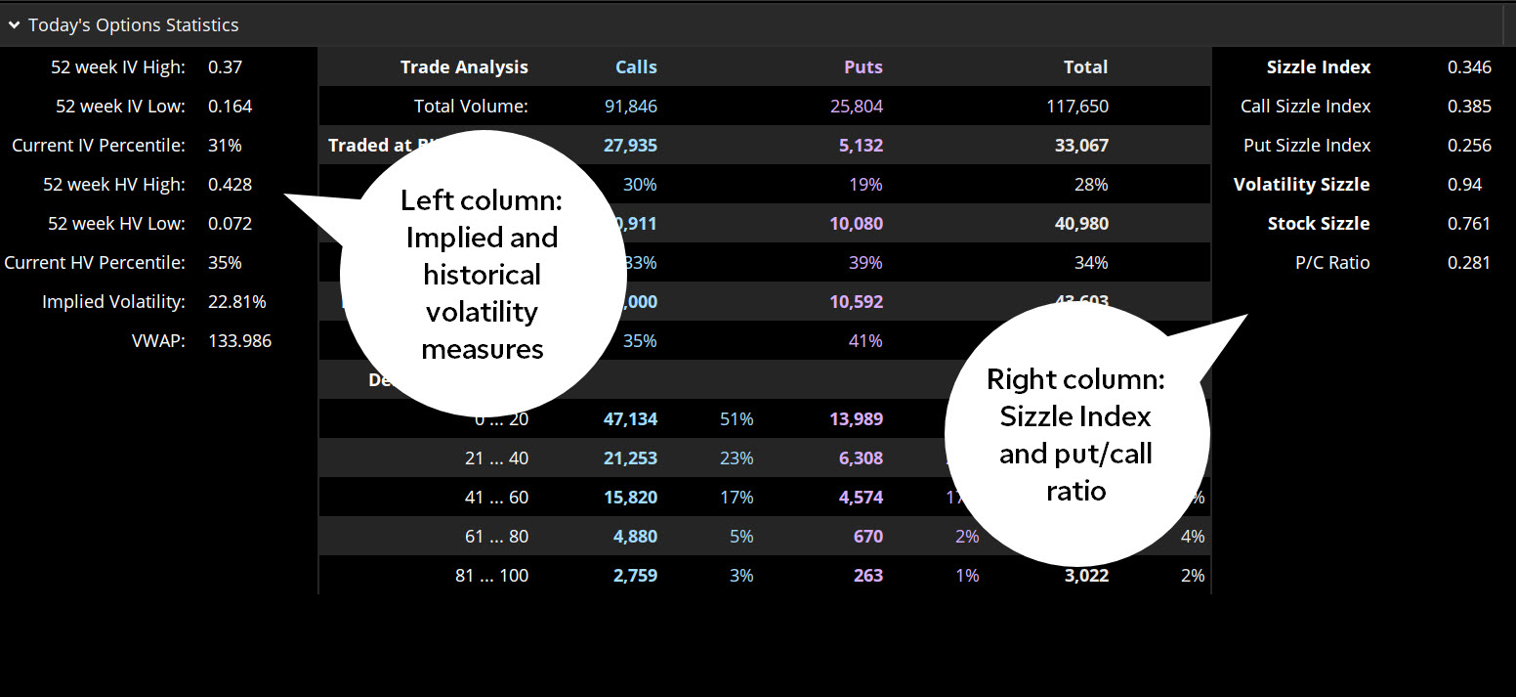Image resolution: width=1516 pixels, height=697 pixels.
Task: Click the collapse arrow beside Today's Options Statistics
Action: (15, 25)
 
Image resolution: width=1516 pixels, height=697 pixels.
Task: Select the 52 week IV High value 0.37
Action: (225, 67)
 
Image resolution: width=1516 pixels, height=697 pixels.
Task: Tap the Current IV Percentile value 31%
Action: (225, 146)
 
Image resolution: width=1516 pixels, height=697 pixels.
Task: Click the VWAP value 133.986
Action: (239, 341)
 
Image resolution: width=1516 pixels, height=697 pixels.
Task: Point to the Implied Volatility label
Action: (113, 302)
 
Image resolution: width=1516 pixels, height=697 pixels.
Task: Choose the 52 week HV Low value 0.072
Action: (230, 224)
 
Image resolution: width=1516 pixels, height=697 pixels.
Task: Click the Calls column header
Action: (636, 67)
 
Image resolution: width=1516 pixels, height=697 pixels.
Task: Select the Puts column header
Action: (863, 67)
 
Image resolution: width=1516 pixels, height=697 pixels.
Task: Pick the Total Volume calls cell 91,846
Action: (628, 107)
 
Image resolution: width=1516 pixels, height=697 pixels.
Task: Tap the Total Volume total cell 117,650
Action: (1077, 107)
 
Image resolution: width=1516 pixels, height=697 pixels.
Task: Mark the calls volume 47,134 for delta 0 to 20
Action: (628, 419)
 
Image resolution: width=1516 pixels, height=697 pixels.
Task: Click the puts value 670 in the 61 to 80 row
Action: (867, 537)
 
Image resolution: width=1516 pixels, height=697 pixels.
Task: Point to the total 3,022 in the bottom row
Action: (1086, 576)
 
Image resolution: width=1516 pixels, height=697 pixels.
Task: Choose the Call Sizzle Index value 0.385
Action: (1469, 107)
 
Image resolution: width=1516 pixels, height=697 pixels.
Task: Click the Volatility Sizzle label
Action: (1301, 185)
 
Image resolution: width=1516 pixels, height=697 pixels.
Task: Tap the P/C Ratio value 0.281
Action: (1469, 263)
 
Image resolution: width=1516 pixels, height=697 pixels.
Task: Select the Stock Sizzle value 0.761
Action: (1469, 224)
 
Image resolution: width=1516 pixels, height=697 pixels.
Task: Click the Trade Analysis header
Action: (464, 67)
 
